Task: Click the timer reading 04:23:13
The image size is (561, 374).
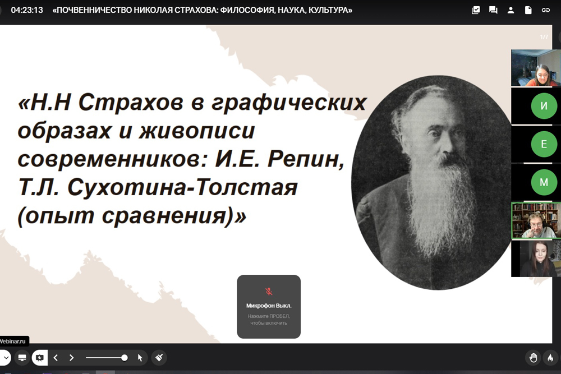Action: (27, 10)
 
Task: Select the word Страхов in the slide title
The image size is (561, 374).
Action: (130, 103)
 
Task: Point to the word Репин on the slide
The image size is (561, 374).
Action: (306, 159)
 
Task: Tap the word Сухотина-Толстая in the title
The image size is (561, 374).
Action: (182, 187)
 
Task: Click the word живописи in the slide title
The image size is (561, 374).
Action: (197, 131)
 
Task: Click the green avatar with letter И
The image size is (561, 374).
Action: (544, 106)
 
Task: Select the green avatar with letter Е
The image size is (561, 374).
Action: (544, 144)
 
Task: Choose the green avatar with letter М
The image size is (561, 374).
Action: (544, 182)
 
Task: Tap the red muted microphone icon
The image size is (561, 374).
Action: (269, 292)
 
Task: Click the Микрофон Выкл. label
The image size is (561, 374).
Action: (269, 306)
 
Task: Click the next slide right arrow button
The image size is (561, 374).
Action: (72, 358)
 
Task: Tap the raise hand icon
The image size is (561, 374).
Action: (533, 358)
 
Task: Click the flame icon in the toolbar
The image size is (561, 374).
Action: (551, 358)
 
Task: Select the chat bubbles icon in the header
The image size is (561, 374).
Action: (493, 10)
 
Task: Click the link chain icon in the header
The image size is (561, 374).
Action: (546, 10)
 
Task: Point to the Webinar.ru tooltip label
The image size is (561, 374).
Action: (13, 341)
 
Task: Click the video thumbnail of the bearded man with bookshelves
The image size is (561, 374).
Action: (536, 220)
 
